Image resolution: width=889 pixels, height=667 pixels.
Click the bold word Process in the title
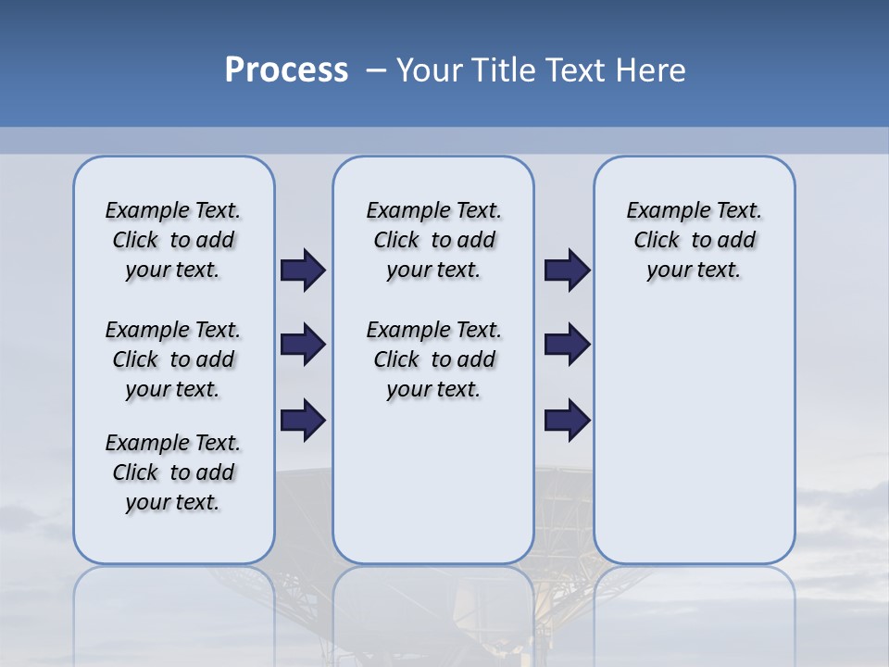pos(286,70)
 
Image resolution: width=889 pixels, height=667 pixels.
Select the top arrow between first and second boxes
pos(303,271)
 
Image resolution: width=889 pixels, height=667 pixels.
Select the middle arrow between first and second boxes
pos(303,345)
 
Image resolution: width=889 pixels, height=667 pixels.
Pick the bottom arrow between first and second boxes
pos(303,420)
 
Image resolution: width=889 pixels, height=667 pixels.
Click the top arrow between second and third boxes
pos(567,271)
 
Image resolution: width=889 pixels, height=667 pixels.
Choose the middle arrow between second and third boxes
pos(567,345)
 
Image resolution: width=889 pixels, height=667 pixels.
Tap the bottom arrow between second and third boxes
pos(567,420)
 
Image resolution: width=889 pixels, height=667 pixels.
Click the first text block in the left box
pos(173,240)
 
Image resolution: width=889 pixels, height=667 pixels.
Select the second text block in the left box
pos(173,359)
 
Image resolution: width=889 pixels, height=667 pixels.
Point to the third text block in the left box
pos(173,472)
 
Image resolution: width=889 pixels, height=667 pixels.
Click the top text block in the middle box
pos(433,240)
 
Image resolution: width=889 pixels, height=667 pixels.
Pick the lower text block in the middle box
pos(433,359)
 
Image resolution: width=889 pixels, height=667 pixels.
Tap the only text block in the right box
pos(694,240)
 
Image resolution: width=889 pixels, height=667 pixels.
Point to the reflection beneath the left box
pos(173,611)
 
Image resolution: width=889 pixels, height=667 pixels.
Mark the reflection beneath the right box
pos(694,611)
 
